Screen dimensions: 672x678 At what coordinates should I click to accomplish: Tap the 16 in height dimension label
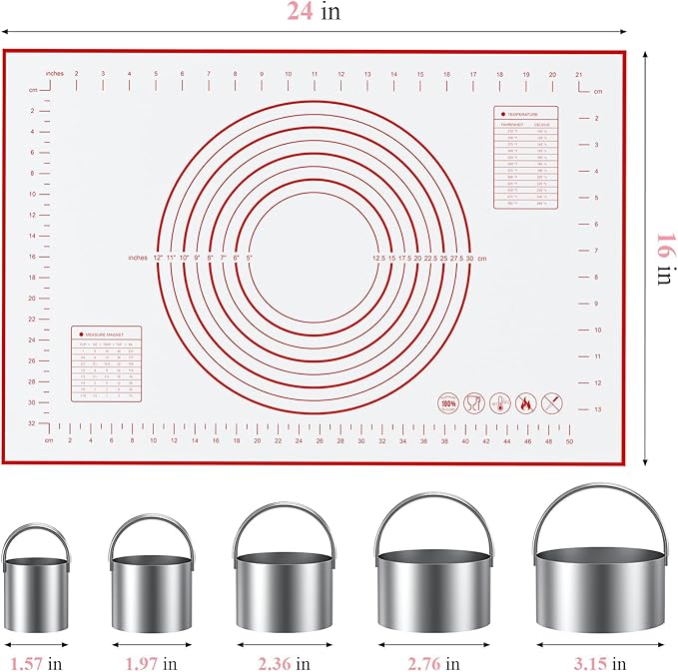(662, 258)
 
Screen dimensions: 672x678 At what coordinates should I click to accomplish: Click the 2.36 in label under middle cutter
(284, 662)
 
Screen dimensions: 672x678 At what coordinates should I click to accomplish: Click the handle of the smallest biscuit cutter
(36, 536)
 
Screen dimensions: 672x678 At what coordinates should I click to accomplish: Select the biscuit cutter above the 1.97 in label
(150, 587)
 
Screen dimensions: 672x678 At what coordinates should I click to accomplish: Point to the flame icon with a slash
(524, 403)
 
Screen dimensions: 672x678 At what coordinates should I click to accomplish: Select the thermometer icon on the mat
(471, 403)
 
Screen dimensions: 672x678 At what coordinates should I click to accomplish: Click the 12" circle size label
(159, 258)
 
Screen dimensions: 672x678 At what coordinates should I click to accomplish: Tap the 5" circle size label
(250, 258)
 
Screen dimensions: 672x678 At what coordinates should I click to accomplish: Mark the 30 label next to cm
(469, 258)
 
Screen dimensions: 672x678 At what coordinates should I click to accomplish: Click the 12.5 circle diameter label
(378, 258)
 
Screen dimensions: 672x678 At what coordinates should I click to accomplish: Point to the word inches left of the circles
(138, 258)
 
